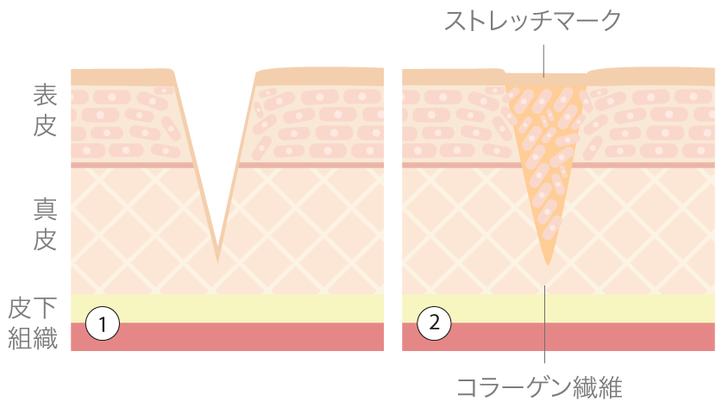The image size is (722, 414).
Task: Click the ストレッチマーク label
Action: pos(533,21)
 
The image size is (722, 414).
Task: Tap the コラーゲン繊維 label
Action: pos(539,387)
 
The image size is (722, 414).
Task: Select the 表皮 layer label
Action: pos(45,110)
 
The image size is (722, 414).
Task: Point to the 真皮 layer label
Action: pos(45,224)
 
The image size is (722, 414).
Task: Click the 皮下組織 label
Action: pos(33,323)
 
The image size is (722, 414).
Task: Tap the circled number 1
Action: pos(103,323)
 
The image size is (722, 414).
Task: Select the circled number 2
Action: pos(434,323)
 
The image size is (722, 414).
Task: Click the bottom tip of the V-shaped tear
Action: pos(217,263)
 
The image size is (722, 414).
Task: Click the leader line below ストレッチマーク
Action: pos(543,60)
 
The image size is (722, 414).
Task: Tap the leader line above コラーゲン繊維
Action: pos(544,324)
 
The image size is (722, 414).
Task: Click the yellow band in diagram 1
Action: pos(227,308)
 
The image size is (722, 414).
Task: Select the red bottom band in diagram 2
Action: pos(558,336)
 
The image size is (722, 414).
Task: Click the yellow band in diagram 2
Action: pos(558,308)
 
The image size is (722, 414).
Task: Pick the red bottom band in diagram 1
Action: pos(227,336)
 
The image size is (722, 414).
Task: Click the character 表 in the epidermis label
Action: pos(45,96)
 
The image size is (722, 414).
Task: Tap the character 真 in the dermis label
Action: pos(45,210)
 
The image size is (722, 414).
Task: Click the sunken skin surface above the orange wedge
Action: pos(546,79)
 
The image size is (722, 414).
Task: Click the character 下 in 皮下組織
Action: pos(45,309)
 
